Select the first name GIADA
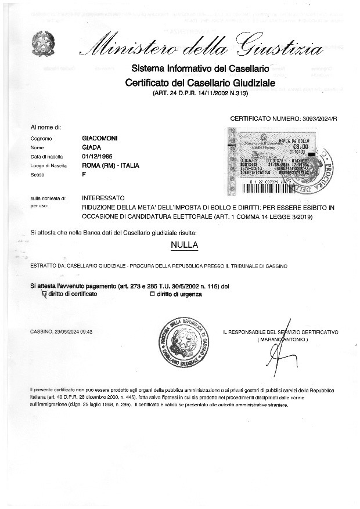(92, 147)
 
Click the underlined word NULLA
(184, 245)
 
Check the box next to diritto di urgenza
(153, 294)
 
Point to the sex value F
(84, 174)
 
